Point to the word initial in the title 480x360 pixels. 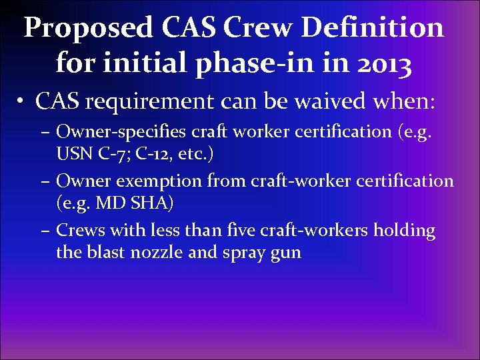point(127,65)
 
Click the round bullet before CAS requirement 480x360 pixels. point(23,103)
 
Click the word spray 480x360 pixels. point(241,254)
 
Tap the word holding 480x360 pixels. point(404,231)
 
